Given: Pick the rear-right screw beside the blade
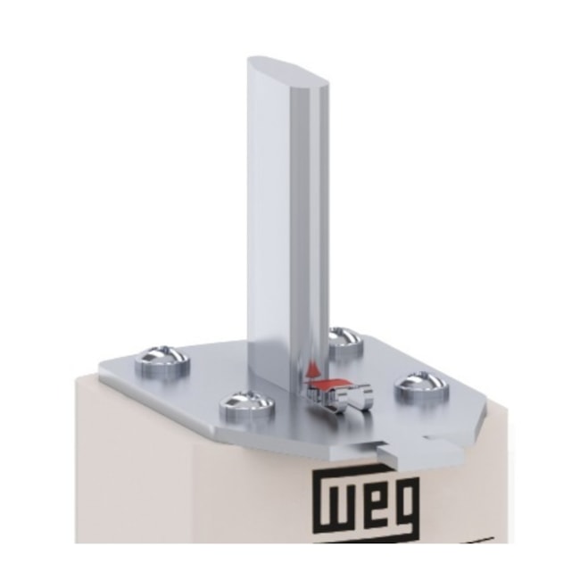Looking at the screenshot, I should click(343, 339).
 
